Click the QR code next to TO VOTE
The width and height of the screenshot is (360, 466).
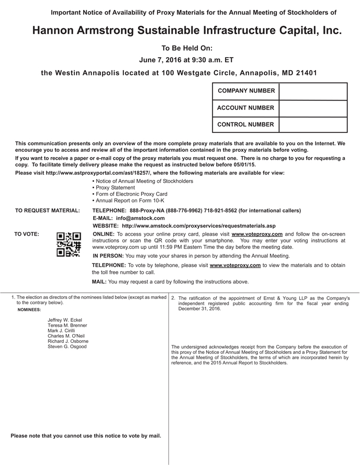coord(69,244)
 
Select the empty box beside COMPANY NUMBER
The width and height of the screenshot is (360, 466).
coord(313,91)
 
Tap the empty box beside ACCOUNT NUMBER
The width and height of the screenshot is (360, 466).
coord(313,108)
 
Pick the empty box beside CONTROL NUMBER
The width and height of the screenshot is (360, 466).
coord(313,125)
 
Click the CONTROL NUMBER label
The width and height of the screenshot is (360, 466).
coord(245,125)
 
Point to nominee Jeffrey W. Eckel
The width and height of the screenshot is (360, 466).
coord(65,320)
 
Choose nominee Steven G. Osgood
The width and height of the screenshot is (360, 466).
coord(67,347)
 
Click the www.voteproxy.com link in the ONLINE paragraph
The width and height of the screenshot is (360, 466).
coord(257,234)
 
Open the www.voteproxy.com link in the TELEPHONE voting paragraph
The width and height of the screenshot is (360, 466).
coord(235,265)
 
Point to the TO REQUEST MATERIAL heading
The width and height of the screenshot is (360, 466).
coord(48,210)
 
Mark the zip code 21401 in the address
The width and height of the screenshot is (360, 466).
coord(305,73)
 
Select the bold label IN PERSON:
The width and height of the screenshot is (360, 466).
coord(108,256)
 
